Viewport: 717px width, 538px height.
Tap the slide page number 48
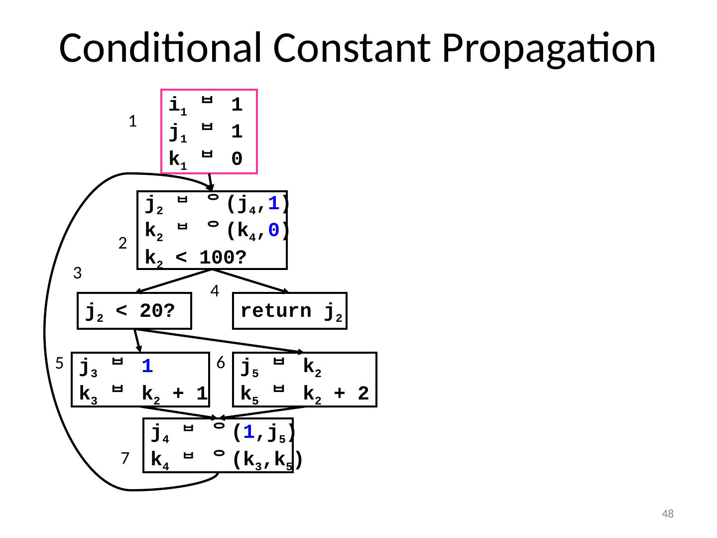click(667, 514)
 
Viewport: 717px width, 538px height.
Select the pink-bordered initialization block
click(209, 132)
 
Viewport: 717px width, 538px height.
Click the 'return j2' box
click(290, 311)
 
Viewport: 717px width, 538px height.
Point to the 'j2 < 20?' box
click(134, 311)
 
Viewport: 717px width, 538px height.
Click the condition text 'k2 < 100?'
click(196, 258)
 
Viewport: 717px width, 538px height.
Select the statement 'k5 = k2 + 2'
click(305, 394)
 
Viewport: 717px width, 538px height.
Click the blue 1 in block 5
click(146, 368)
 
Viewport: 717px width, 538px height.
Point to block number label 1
click(132, 121)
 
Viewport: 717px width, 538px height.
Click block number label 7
click(125, 458)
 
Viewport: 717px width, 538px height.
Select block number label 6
click(221, 363)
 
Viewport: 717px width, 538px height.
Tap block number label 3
click(77, 273)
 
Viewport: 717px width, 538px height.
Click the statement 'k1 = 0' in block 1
click(206, 159)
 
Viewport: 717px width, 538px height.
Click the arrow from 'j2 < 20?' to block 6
click(219, 341)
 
